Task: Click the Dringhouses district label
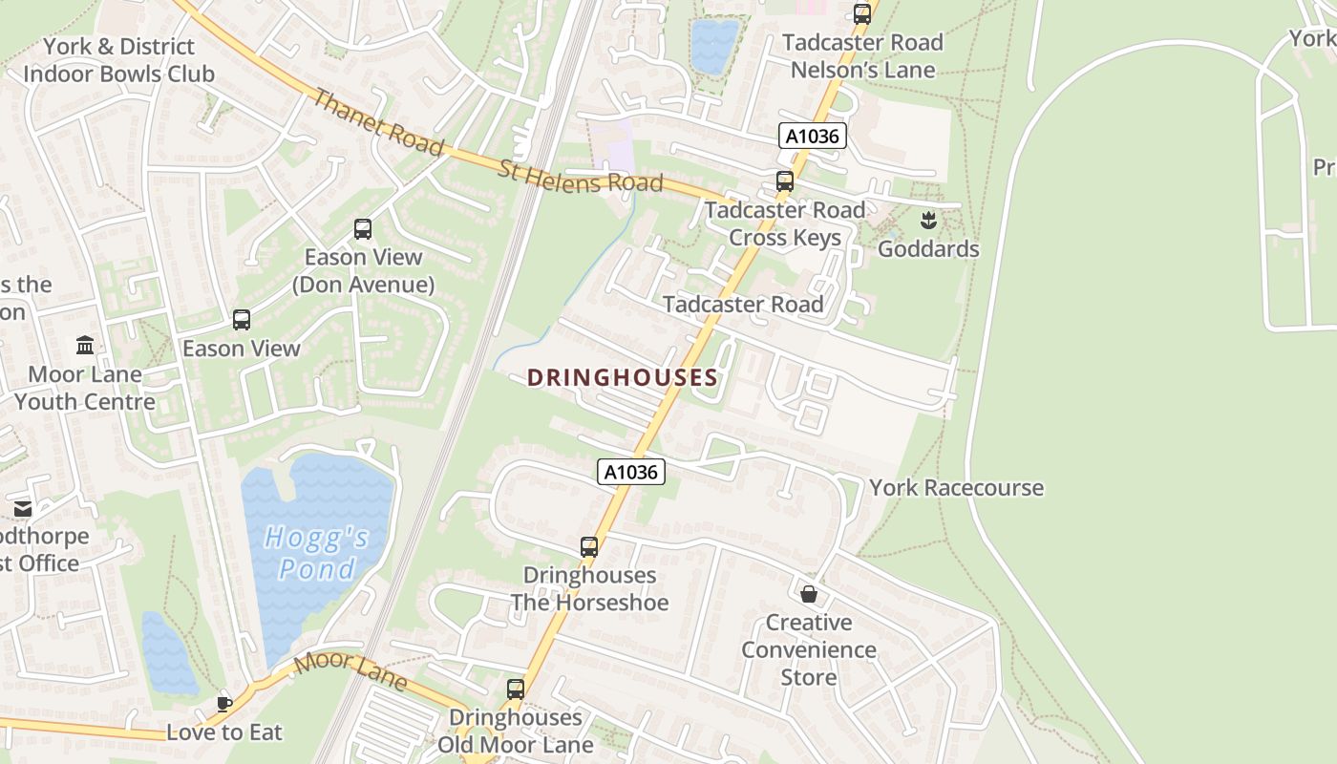click(x=622, y=378)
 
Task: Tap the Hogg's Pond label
click(x=316, y=554)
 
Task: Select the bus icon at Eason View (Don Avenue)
click(x=363, y=229)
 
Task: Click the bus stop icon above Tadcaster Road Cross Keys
click(x=785, y=181)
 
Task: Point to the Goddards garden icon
click(x=927, y=222)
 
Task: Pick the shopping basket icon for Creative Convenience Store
click(x=809, y=594)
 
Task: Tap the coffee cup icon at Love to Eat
click(x=223, y=704)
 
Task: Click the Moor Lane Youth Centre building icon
click(x=85, y=345)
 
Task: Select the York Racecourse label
click(x=956, y=488)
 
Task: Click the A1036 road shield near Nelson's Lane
click(x=812, y=137)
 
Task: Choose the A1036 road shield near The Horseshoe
click(x=631, y=472)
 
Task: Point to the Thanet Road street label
click(x=378, y=122)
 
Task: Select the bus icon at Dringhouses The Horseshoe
click(x=589, y=547)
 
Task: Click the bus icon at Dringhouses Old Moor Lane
click(x=516, y=690)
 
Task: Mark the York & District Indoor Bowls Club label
click(x=118, y=60)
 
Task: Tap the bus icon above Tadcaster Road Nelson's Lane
click(x=862, y=13)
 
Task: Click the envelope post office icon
click(x=23, y=509)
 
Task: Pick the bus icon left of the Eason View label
click(x=242, y=320)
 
